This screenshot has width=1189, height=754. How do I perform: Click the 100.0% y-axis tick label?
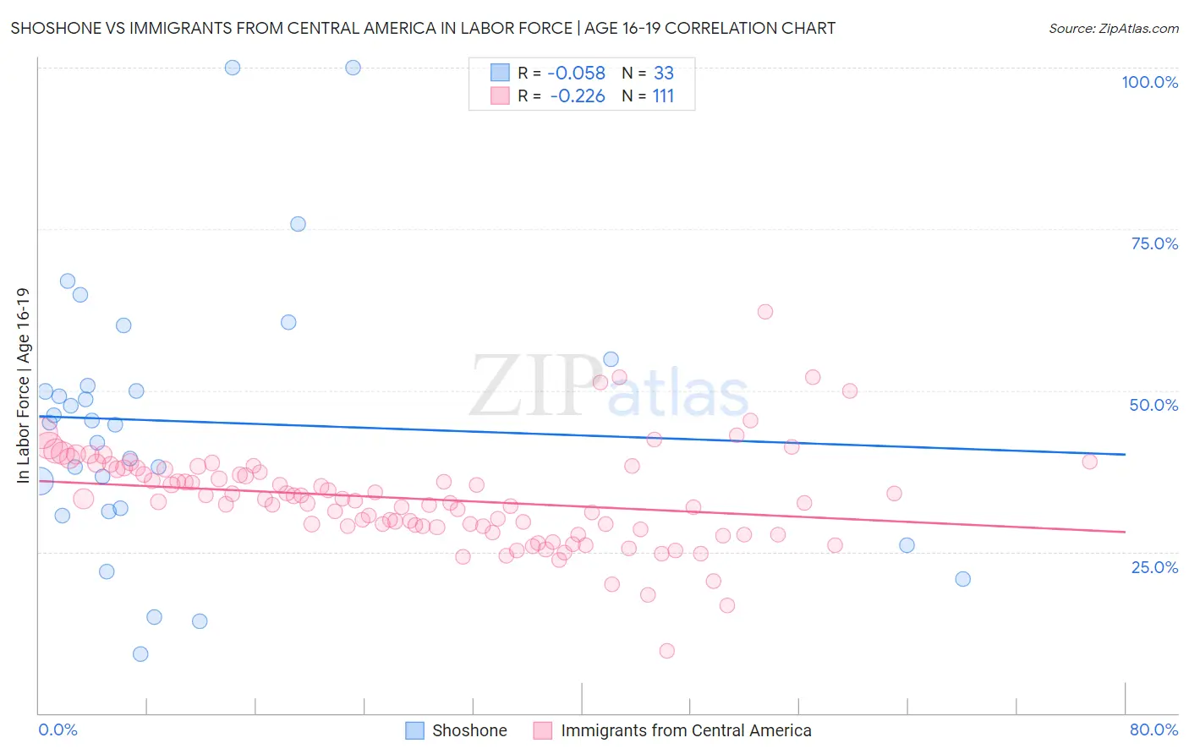(1149, 82)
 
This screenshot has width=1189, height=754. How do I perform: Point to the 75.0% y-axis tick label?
(1154, 243)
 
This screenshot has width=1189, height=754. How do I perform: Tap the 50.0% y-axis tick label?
(1153, 405)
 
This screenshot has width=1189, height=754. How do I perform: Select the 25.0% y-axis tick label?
(1154, 566)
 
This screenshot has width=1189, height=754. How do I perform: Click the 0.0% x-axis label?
(58, 729)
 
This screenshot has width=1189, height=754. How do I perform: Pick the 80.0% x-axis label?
(1153, 729)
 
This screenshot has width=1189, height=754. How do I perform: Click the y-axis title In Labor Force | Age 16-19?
(23, 385)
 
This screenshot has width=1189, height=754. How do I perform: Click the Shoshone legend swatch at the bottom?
(414, 730)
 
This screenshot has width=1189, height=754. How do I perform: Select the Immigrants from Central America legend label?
(686, 730)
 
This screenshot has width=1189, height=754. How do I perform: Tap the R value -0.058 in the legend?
(577, 73)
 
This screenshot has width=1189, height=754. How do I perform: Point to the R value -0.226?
(578, 96)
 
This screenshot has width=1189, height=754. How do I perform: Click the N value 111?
(663, 96)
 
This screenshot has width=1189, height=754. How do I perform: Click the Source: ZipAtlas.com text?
(1113, 28)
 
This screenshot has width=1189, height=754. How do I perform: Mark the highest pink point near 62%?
(765, 312)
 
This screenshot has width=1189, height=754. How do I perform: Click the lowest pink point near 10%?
(666, 651)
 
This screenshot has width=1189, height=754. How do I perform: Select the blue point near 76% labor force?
(298, 224)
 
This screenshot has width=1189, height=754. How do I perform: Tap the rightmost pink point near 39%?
(1089, 462)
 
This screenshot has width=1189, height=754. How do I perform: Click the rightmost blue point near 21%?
(962, 579)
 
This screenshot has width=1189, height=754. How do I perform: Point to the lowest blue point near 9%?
(140, 654)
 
